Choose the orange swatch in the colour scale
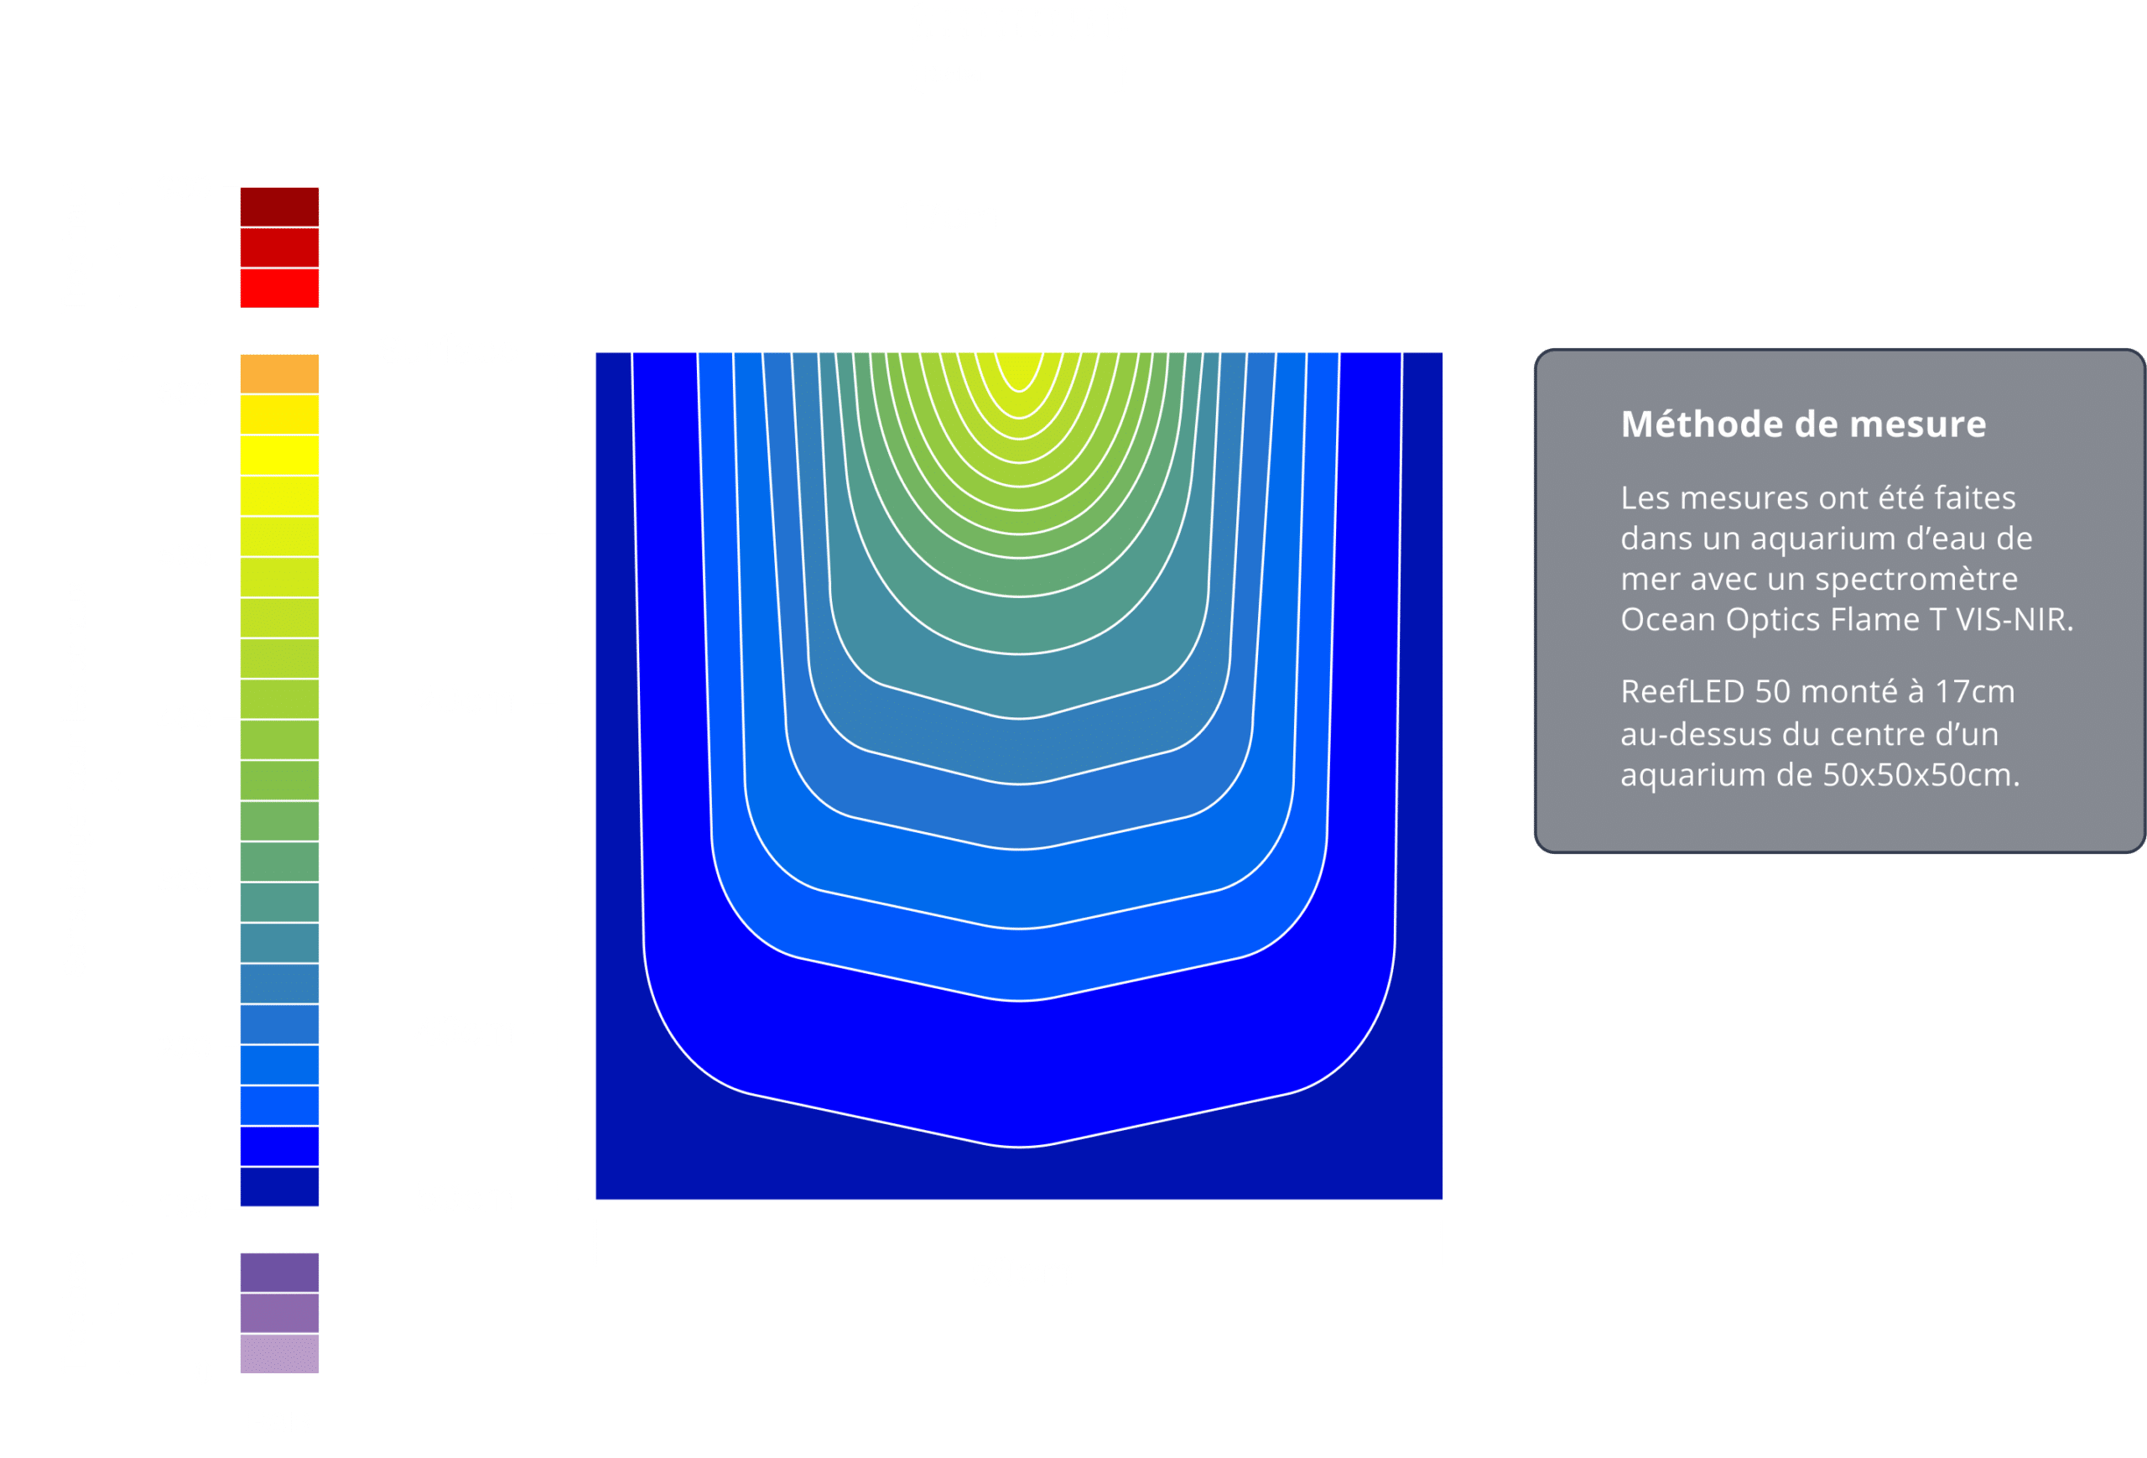click(280, 373)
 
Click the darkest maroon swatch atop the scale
click(280, 207)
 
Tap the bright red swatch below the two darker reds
click(280, 289)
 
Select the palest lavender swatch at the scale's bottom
click(280, 1354)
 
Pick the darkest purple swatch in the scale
click(280, 1273)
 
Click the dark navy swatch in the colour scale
click(280, 1186)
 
